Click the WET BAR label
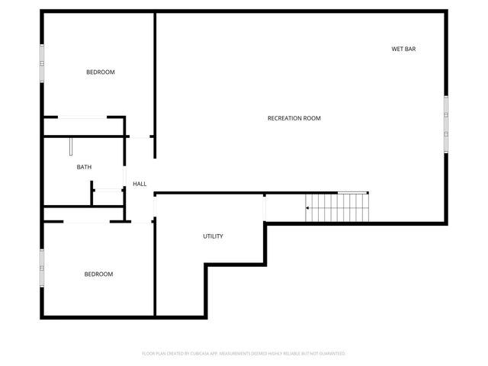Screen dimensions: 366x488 coord(403,49)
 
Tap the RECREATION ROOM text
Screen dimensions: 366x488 coord(294,118)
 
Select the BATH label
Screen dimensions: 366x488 coord(84,167)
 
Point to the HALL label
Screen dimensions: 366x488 coord(140,184)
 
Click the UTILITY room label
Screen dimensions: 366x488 coord(213,236)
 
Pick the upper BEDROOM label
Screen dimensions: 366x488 coord(100,72)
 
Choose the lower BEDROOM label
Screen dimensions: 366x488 coord(98,274)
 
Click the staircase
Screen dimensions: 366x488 coord(339,207)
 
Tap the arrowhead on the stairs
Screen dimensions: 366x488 coord(308,207)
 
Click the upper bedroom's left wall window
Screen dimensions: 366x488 coord(43,59)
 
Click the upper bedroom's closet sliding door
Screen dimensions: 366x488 coord(83,117)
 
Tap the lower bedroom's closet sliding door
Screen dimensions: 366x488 coord(88,222)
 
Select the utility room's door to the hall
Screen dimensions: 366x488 coord(155,205)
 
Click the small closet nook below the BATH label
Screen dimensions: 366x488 coord(108,194)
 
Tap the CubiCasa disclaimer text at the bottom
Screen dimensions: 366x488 coord(244,354)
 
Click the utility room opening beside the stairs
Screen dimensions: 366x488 coord(265,207)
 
